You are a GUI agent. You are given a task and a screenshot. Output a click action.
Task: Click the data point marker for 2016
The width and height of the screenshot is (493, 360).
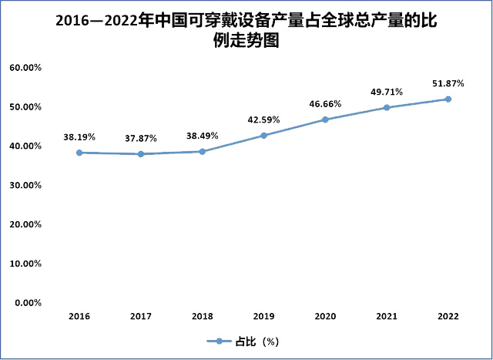[79, 153]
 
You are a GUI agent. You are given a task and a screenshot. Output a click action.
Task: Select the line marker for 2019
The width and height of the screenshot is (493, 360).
[263, 136]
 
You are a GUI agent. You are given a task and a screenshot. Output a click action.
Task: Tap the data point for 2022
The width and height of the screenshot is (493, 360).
[448, 99]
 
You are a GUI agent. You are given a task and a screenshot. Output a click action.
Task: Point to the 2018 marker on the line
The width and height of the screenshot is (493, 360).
[202, 151]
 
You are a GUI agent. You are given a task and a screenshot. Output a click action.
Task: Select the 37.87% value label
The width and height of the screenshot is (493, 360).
[140, 139]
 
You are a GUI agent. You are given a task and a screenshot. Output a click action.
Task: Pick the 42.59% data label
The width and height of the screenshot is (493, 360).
[263, 119]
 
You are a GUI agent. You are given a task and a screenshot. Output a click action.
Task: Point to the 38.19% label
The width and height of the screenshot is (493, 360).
[79, 137]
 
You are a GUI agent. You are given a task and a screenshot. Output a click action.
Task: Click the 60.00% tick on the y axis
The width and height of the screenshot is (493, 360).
[25, 68]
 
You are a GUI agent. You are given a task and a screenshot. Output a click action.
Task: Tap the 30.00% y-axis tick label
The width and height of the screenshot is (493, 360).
[25, 185]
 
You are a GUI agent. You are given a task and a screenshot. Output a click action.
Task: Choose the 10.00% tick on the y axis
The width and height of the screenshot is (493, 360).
[25, 264]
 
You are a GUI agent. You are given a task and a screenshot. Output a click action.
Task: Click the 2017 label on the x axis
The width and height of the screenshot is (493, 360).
[140, 316]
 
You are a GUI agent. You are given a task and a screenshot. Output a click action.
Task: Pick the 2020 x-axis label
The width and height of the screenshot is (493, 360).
[325, 316]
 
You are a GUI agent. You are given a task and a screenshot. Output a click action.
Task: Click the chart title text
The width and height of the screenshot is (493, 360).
[246, 30]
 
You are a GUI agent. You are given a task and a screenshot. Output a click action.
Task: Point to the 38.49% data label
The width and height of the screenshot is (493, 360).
[202, 136]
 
